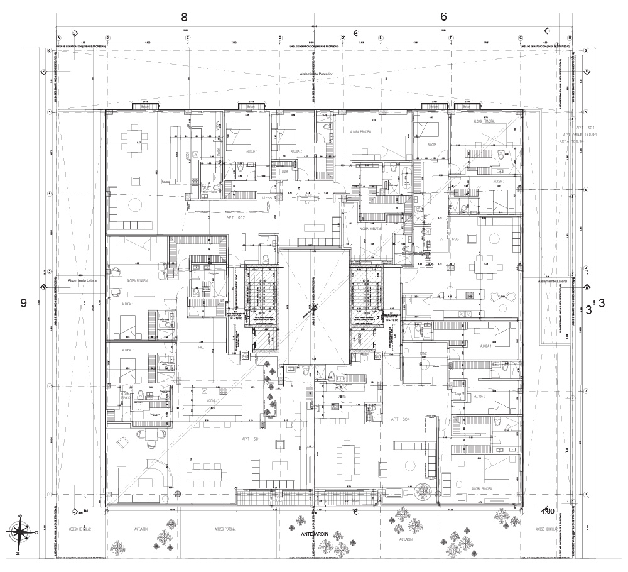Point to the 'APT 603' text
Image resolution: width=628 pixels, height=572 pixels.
(x=450, y=239)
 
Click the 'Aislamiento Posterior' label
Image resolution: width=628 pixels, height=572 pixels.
(x=315, y=74)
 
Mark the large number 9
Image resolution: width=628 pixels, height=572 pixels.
(x=23, y=303)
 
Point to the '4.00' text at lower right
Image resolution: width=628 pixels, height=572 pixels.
(x=547, y=512)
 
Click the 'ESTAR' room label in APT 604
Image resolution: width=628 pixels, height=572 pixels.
(x=424, y=353)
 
